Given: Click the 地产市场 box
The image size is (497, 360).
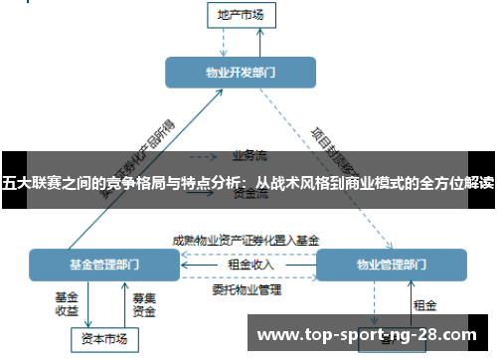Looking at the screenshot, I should coord(240,14).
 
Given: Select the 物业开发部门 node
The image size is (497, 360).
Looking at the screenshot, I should coord(240,72).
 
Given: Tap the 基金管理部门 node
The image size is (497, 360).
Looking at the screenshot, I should coord(104,266).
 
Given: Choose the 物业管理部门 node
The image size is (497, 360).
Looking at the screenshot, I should coord(390,266).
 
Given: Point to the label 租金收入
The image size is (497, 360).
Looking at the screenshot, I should coord(249,265).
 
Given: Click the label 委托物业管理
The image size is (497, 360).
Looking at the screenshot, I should coord(247,290).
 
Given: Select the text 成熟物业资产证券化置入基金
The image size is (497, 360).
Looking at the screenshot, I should coord(246,241).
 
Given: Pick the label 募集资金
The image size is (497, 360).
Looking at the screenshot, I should coord(144,304).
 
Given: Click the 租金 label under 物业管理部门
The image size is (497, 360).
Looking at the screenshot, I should coord(424,304).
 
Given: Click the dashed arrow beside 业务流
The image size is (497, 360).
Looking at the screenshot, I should coord(204,156).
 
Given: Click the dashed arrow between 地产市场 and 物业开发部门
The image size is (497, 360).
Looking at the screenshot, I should coord(226,40).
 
